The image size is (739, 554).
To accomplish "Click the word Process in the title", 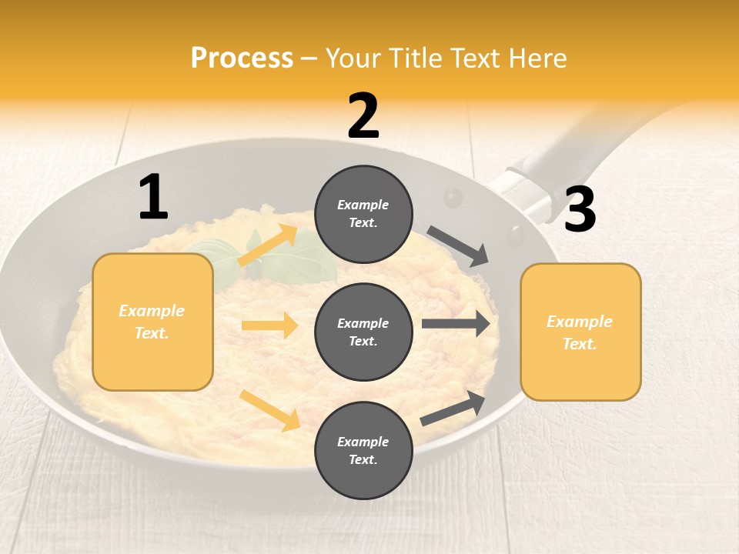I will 242,58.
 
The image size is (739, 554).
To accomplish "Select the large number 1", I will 153,197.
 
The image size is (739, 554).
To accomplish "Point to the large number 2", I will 363,116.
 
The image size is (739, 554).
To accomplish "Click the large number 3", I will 580,209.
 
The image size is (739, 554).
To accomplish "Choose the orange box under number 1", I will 152,322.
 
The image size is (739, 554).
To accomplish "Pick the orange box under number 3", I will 580,332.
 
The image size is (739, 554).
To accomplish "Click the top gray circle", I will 363,214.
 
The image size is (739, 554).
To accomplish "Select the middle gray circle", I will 363,332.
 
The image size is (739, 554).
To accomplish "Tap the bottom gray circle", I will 363,450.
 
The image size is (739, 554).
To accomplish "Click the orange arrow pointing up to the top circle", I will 267,245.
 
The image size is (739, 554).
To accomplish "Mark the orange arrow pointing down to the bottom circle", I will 269,410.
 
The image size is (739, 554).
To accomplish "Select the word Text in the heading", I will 476,58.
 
